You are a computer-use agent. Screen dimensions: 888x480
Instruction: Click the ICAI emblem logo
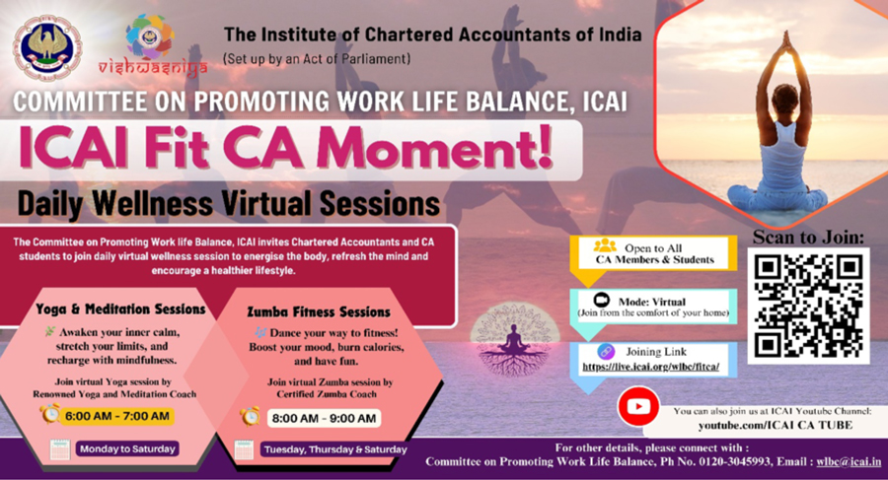46,48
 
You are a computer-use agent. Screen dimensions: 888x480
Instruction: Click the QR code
808,307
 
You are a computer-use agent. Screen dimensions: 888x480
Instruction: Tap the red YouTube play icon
638,406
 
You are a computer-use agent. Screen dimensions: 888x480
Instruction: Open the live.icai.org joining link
651,367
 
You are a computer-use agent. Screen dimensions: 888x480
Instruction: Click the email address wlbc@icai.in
849,462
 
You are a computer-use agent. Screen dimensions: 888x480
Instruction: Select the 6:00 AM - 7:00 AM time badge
117,416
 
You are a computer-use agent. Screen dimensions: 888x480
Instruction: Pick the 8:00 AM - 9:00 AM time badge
324,418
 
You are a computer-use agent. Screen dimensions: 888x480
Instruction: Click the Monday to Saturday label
127,448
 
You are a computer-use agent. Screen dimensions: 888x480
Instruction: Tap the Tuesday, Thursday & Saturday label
335,450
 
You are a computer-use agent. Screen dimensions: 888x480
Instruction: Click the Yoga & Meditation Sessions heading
120,309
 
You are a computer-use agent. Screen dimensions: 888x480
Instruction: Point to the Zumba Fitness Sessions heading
319,311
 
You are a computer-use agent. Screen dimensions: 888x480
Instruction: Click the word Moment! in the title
434,148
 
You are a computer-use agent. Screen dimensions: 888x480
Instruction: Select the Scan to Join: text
808,238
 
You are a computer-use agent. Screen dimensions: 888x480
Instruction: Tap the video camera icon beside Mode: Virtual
601,300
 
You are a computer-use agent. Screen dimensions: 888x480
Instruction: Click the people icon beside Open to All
605,245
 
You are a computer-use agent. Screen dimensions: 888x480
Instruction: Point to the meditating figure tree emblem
514,340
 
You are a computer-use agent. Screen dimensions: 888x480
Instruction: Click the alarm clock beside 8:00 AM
250,417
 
